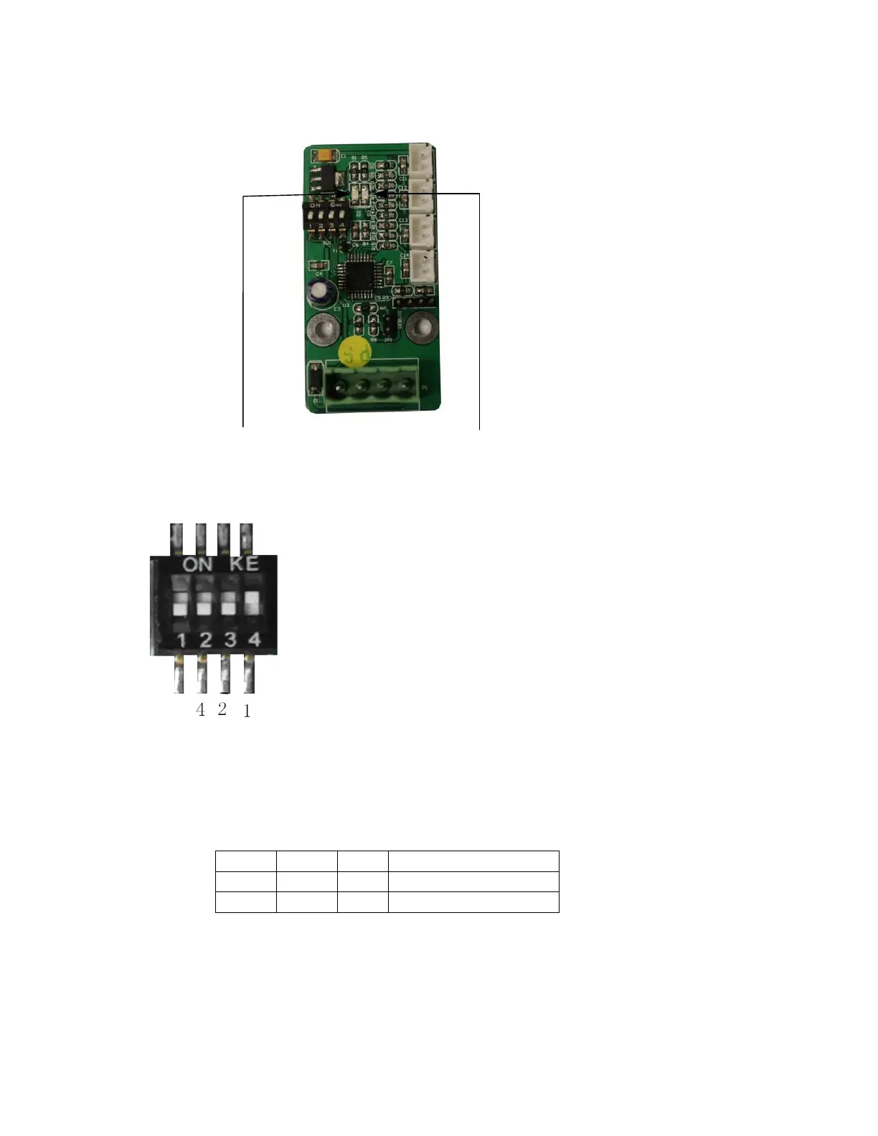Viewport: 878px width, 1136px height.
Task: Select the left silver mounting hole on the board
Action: [323, 330]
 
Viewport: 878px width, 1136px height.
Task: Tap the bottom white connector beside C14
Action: [423, 265]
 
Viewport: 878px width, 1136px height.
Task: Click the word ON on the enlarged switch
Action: [197, 564]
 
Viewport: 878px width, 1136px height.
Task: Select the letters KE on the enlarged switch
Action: [245, 564]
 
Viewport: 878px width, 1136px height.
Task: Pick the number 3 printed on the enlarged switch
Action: [230, 639]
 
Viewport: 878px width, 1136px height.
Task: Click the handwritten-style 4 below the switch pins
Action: [200, 709]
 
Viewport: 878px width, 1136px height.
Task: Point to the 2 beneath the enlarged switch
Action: [222, 709]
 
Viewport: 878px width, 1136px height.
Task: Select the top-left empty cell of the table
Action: [245, 861]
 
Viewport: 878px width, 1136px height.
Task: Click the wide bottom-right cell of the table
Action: [473, 902]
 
